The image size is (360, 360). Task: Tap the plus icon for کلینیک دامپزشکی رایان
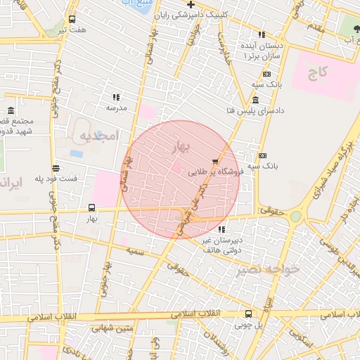coord(191,4)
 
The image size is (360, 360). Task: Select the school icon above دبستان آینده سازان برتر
coord(262,34)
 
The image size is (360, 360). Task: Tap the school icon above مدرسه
coord(116,97)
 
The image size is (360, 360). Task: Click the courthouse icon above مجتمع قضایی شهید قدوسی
coord(11,111)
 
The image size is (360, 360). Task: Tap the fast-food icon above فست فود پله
coord(56,168)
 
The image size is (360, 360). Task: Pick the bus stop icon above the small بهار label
coord(91,207)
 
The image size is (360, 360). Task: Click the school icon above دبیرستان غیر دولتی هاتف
coord(222,229)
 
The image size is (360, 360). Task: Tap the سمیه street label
coord(136,250)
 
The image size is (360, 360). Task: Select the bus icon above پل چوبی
coord(247,314)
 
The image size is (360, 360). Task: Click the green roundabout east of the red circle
coord(296,217)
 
